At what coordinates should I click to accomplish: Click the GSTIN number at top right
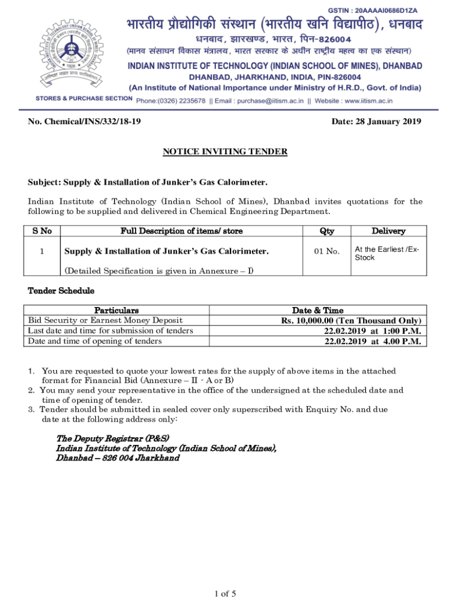point(382,11)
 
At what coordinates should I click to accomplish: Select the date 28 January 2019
point(376,122)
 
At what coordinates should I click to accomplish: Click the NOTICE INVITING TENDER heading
point(225,152)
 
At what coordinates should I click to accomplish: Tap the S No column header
point(41,231)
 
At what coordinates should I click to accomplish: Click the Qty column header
point(327,231)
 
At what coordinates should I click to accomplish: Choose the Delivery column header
point(388,231)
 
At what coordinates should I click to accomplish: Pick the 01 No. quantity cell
point(327,251)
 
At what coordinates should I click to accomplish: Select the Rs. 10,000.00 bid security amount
point(351,321)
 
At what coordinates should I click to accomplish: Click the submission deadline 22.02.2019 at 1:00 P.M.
point(372,331)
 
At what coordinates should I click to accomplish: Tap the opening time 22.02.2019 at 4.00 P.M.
point(372,341)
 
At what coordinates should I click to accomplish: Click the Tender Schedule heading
point(61,291)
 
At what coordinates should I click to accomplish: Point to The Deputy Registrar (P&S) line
point(112,438)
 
